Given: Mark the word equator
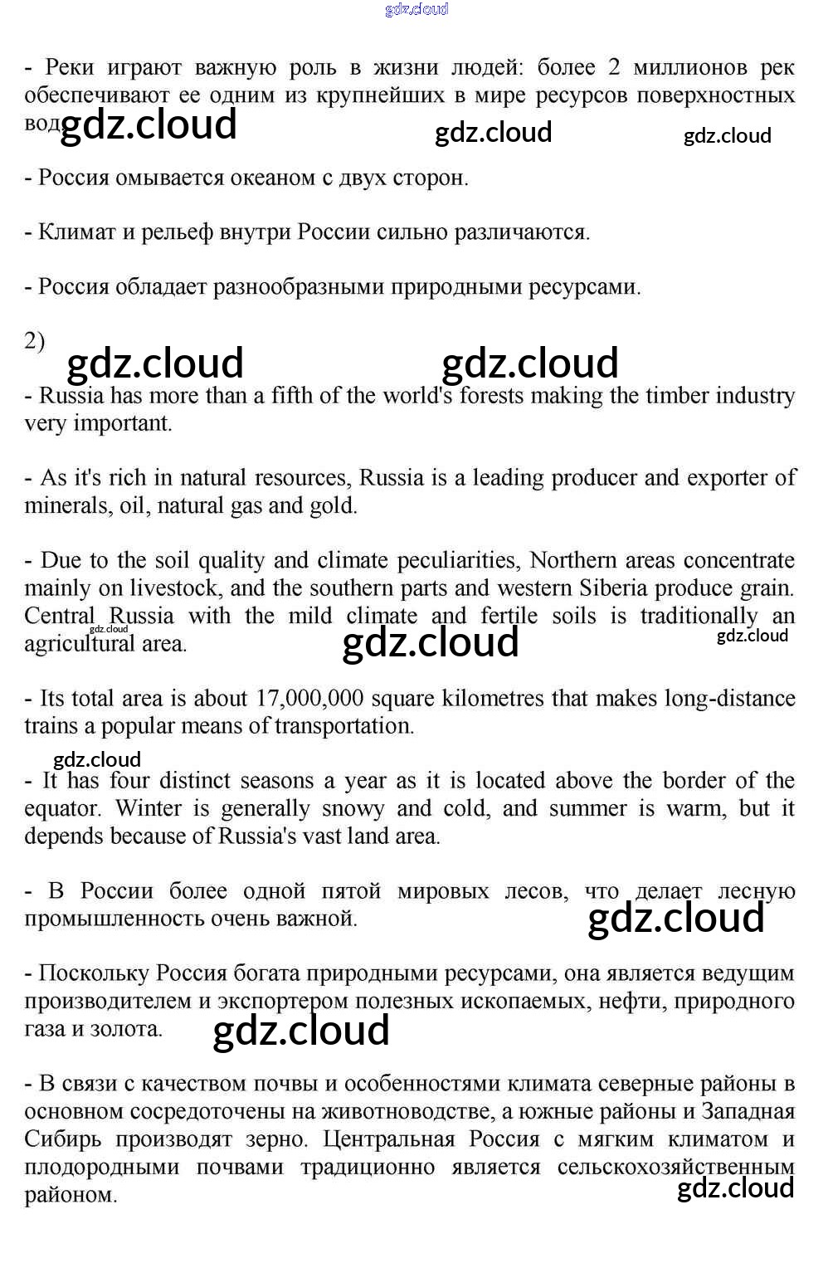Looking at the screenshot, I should pos(61,809).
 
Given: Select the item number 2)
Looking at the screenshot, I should pos(35,341).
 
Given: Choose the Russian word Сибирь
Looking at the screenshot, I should pos(63,1139).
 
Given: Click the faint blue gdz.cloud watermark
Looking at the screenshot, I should pos(416,9).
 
